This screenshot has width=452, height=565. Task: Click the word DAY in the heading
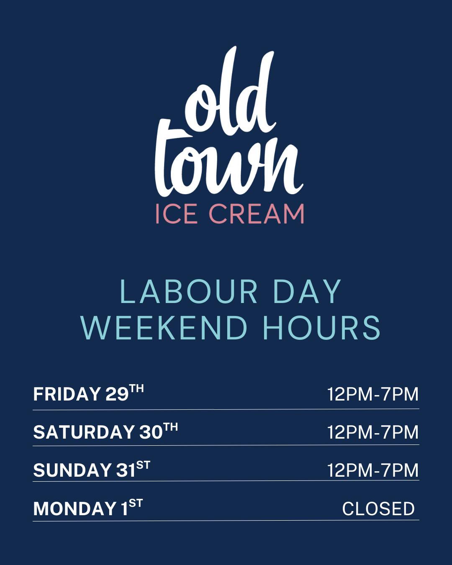coord(307,292)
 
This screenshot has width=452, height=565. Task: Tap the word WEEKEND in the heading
coord(164,328)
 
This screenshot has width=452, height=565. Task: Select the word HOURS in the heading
coord(322,328)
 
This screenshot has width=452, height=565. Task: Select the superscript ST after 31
coord(143,465)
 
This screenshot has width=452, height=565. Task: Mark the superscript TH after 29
coord(136,389)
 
